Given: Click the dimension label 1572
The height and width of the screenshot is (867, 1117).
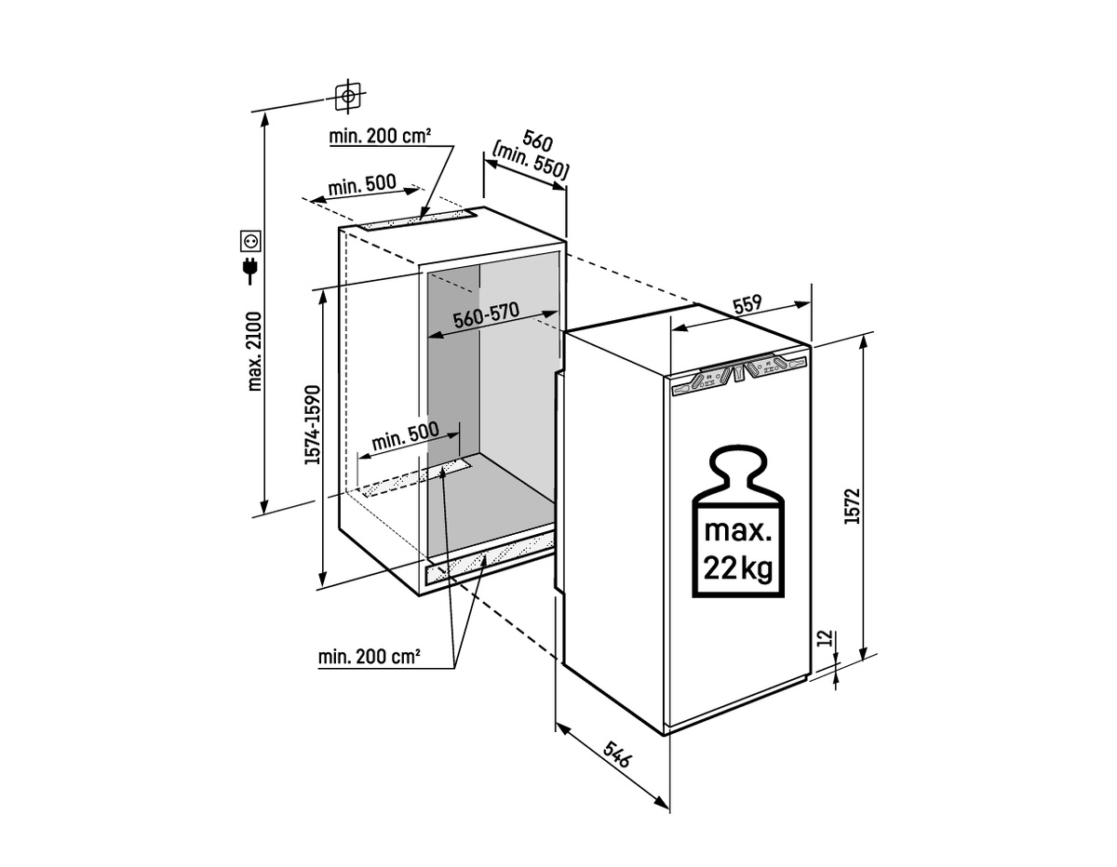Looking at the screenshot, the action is coord(852,506).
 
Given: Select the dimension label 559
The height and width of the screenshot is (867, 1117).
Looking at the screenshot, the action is coord(747,304).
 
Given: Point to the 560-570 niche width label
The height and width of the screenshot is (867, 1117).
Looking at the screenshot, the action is coord(486,314).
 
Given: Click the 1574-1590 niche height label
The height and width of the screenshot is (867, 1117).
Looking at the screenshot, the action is coord(312,425).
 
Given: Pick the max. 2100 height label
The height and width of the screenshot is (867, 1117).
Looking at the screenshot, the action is coord(254,351).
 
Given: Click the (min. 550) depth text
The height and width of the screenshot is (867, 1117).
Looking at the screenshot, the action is coord(530,160).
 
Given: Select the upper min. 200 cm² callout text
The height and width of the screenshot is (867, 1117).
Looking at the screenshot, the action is coord(380,136).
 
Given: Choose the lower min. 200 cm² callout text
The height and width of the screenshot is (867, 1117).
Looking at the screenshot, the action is coord(370,657).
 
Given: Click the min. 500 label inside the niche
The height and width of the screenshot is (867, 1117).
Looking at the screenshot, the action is coord(406,436).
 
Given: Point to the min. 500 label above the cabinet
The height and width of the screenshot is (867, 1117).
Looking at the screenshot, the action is coord(362,184).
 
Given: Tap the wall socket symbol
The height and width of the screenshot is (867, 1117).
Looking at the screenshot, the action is coord(250,241).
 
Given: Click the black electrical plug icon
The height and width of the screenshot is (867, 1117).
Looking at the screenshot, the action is coord(250,271).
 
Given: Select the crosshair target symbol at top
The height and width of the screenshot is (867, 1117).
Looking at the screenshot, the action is coord(348,96).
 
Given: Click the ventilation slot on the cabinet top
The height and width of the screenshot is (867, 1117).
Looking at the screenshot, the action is coord(417,220).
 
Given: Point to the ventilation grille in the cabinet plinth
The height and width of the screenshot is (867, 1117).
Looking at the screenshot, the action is coord(489,558).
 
